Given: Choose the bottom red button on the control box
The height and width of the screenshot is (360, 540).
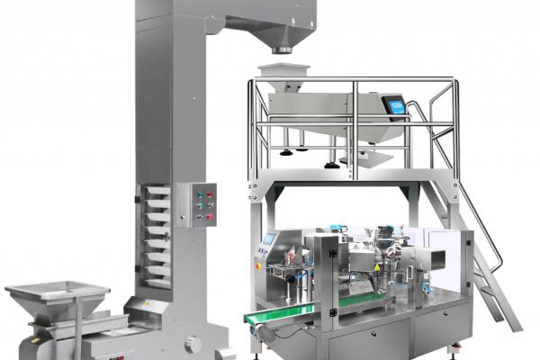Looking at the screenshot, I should pos(210,217).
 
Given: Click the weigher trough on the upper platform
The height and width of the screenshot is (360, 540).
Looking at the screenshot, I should pos(324,112).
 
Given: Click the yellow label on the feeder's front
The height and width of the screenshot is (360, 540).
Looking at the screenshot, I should pos(35,340).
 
